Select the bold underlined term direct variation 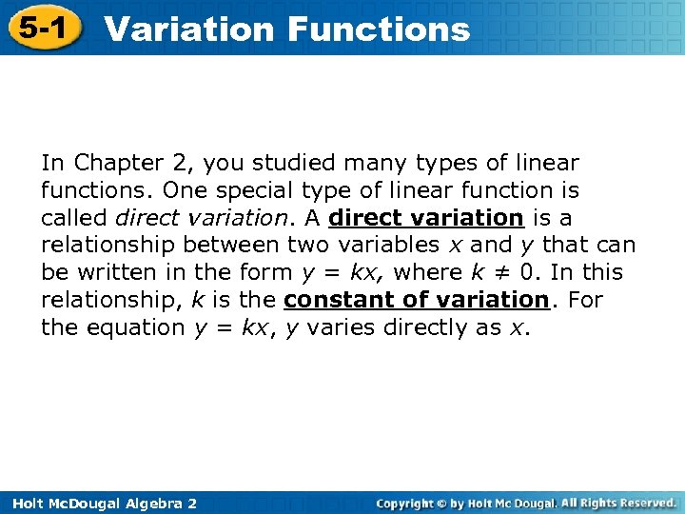pos(426,218)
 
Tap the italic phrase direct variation pos(191,218)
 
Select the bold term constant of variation pos(416,300)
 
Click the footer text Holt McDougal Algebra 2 pos(99,503)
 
